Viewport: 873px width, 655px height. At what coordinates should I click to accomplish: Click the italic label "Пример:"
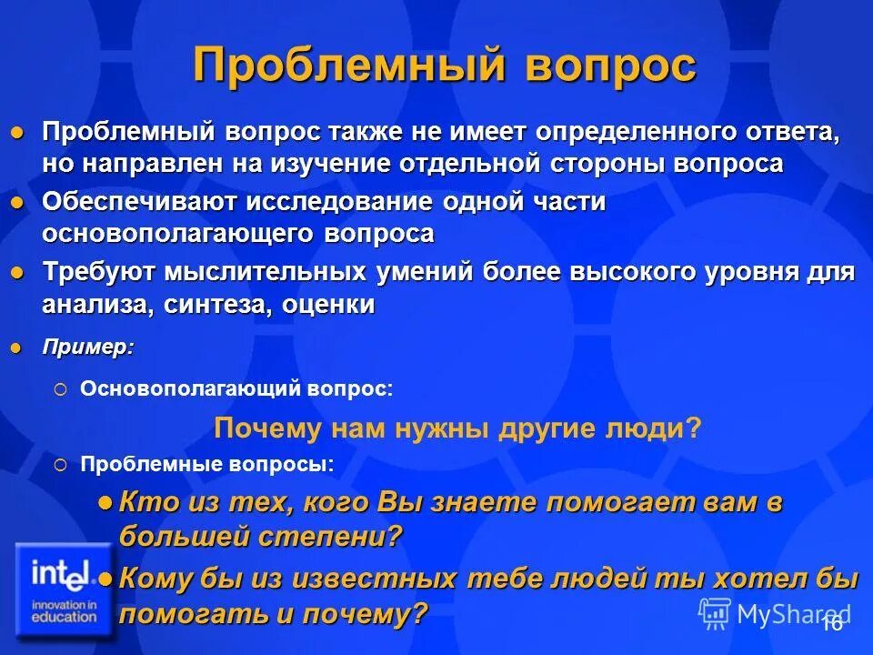tap(88, 347)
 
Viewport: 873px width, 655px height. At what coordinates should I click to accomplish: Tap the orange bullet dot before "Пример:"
tap(15, 347)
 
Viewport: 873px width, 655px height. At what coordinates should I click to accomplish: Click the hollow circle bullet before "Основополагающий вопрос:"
tap(60, 388)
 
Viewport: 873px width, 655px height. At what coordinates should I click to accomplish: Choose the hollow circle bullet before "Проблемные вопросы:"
tap(60, 465)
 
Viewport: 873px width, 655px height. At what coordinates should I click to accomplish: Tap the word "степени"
tap(345, 536)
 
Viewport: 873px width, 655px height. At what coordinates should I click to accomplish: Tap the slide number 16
tap(832, 622)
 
